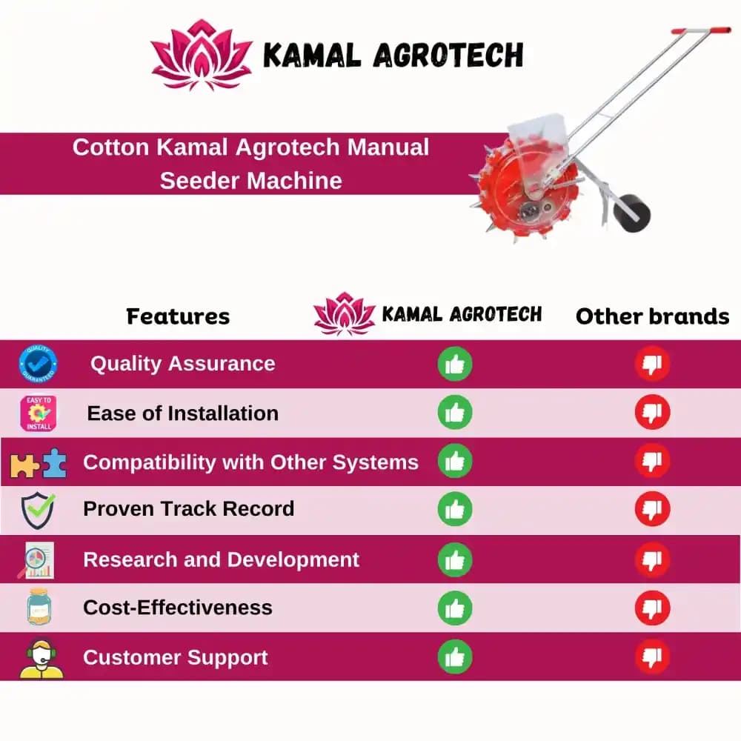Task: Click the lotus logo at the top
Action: (x=202, y=55)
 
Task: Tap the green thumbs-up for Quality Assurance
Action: (x=455, y=364)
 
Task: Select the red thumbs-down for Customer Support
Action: (x=652, y=657)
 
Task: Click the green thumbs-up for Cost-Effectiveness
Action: (x=455, y=608)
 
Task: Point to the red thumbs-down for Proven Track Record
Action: (x=652, y=510)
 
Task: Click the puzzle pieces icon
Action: (x=39, y=463)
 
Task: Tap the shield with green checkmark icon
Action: (x=38, y=510)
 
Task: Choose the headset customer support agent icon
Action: (x=39, y=658)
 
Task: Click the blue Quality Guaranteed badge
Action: (x=39, y=364)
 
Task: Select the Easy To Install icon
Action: (x=39, y=413)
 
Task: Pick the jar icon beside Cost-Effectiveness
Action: (x=39, y=608)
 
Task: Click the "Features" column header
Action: (x=178, y=316)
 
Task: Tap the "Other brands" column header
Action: (x=652, y=316)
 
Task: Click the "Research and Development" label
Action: (x=221, y=559)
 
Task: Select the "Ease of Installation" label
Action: (x=183, y=413)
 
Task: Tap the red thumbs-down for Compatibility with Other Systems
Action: (x=652, y=461)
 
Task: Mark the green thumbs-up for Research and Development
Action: (x=455, y=559)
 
